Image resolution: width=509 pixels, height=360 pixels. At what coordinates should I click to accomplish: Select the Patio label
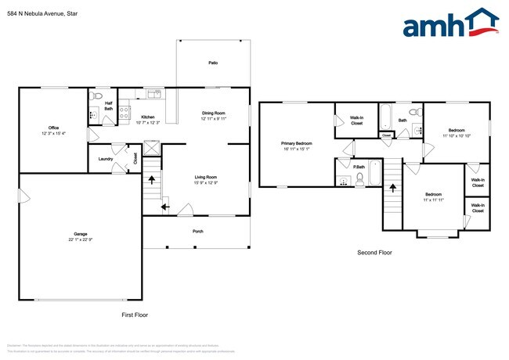(213, 63)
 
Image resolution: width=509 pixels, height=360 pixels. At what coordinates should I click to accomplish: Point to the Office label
(53, 128)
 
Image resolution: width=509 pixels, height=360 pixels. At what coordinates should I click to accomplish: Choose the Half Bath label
(108, 106)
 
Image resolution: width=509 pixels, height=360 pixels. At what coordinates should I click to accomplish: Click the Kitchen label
(147, 117)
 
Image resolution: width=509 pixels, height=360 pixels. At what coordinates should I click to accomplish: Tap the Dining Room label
(213, 113)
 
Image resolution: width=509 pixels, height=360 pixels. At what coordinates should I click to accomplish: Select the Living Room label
(206, 178)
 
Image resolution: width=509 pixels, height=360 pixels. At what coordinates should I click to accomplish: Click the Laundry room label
(106, 159)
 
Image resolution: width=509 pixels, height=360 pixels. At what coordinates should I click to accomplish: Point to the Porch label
(198, 231)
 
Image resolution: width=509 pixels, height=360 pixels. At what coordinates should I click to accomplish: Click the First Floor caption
(135, 315)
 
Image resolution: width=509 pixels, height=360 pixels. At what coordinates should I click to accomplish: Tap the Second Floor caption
(374, 253)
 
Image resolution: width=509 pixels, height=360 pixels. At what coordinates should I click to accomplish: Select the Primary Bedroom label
(297, 144)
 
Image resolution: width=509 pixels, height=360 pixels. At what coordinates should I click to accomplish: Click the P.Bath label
(359, 166)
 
